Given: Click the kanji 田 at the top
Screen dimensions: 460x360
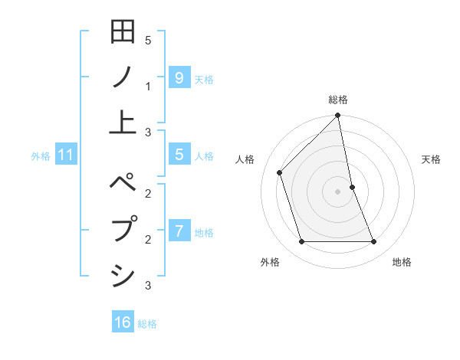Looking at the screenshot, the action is [123, 33].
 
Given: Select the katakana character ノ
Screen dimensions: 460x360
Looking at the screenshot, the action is [123, 77].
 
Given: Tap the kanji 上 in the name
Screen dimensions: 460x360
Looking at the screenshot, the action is [123, 121].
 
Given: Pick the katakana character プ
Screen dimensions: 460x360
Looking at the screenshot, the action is [123, 230].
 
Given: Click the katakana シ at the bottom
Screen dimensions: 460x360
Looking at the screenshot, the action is [123, 274].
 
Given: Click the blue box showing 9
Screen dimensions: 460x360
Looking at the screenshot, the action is [179, 77].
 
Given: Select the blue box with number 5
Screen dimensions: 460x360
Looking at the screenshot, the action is [179, 155].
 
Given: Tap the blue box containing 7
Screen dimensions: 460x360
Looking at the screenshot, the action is [179, 231].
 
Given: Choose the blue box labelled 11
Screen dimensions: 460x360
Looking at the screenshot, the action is [66, 155].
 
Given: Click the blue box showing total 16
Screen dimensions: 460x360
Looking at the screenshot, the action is [123, 322].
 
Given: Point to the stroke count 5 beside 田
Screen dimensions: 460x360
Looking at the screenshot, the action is [148, 41].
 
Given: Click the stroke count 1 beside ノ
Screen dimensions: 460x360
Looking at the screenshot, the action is [148, 87].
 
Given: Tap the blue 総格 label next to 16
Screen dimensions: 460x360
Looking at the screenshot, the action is [147, 324].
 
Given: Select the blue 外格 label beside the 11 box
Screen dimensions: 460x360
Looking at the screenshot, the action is [41, 156].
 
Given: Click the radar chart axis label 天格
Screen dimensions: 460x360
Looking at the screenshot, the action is [432, 159].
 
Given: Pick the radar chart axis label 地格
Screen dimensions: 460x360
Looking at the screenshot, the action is [402, 262].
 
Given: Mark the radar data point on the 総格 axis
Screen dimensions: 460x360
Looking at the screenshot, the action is [337, 116].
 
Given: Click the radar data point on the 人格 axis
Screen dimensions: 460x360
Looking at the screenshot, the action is [280, 172].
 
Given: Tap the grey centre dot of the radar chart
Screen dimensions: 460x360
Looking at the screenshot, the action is [337, 191].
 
